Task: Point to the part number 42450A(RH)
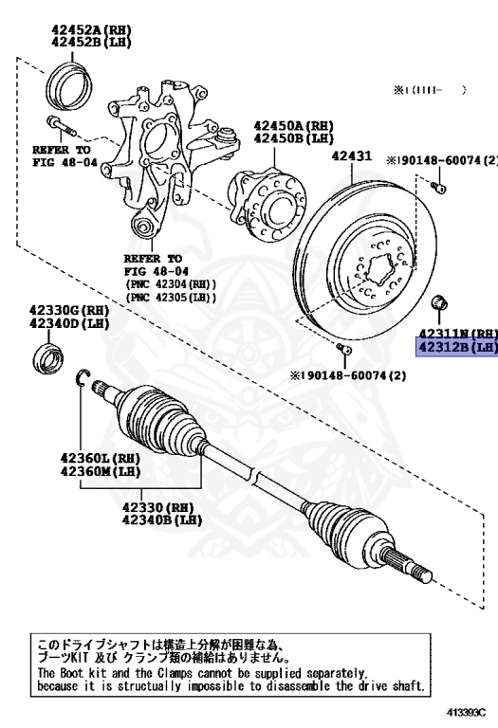click(x=293, y=125)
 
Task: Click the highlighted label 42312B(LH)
click(x=458, y=347)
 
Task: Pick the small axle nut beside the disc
click(x=439, y=304)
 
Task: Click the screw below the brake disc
click(x=346, y=352)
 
